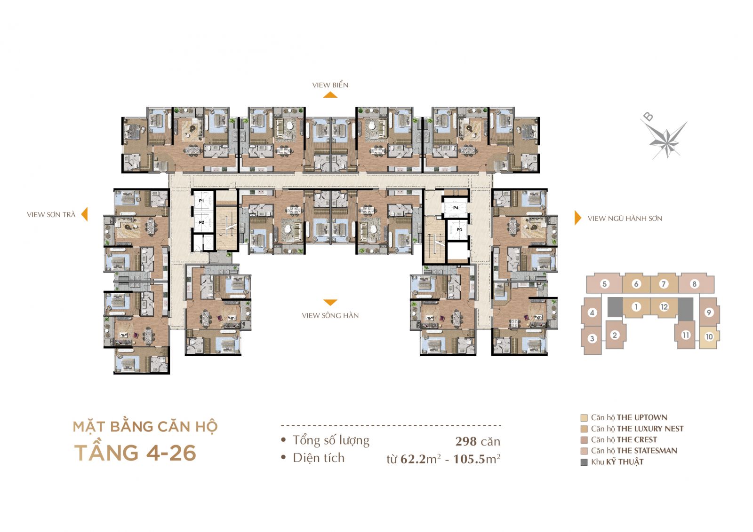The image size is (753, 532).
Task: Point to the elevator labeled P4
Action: (x=456, y=208)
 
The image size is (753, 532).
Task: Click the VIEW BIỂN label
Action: (x=330, y=85)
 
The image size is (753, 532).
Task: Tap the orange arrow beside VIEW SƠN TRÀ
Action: (x=85, y=214)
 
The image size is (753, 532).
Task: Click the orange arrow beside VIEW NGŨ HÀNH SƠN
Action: (x=577, y=218)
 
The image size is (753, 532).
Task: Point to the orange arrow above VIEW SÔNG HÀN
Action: (x=330, y=302)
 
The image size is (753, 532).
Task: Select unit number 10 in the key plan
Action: (x=709, y=336)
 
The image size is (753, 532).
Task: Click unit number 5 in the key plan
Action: (x=604, y=284)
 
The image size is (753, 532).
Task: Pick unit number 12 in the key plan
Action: (x=664, y=307)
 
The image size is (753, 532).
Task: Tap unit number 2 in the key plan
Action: (x=615, y=335)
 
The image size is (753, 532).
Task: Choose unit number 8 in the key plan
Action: (x=694, y=284)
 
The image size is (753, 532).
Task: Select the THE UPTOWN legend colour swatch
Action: (x=584, y=418)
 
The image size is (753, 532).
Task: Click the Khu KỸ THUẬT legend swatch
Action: (x=584, y=462)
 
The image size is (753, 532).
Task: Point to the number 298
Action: (x=466, y=441)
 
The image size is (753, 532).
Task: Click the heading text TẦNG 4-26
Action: (x=135, y=453)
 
